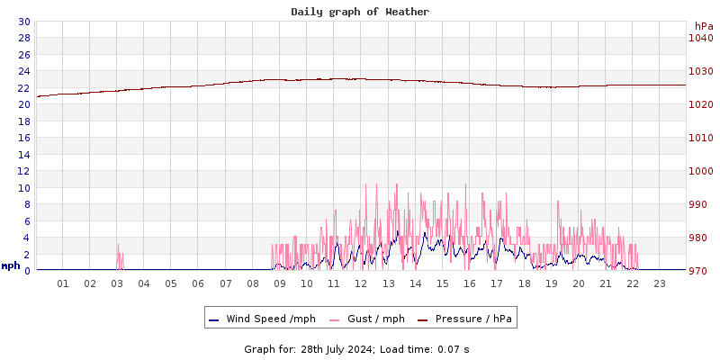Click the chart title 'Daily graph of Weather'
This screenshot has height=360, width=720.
[x=360, y=12]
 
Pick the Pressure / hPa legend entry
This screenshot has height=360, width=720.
[x=469, y=319]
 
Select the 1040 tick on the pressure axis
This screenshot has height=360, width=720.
[x=700, y=38]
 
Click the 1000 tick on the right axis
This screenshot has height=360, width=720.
[x=700, y=171]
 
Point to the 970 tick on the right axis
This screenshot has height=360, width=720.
[x=700, y=270]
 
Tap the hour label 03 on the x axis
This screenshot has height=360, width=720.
[x=117, y=283]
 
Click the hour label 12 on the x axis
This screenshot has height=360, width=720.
[x=361, y=283]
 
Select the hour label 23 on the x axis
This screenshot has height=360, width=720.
[x=659, y=283]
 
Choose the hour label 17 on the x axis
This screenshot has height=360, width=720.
[x=497, y=283]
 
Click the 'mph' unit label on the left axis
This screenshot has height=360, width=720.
[x=11, y=265]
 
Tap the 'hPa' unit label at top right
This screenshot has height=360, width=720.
[x=703, y=26]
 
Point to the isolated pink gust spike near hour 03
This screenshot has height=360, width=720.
[x=118, y=256]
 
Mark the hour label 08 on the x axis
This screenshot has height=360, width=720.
[x=253, y=283]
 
